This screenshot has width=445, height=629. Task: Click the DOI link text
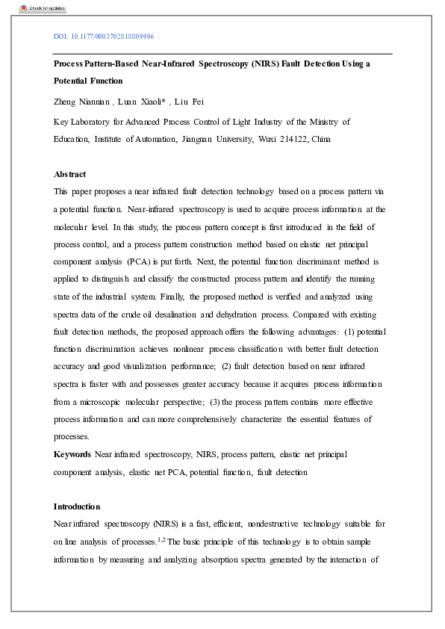click(x=104, y=37)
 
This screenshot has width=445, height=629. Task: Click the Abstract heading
click(x=69, y=173)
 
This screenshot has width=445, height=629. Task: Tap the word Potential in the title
click(x=72, y=81)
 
